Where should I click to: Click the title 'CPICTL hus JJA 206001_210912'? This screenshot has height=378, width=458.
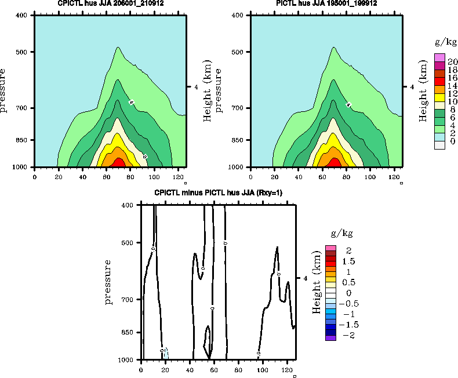click(x=110, y=3)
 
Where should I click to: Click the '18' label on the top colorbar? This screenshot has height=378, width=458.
click(x=452, y=69)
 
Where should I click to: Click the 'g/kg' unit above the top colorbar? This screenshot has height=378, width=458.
click(x=446, y=43)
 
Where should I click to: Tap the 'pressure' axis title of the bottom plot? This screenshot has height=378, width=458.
click(x=108, y=282)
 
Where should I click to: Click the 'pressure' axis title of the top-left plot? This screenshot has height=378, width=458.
click(x=5, y=90)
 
